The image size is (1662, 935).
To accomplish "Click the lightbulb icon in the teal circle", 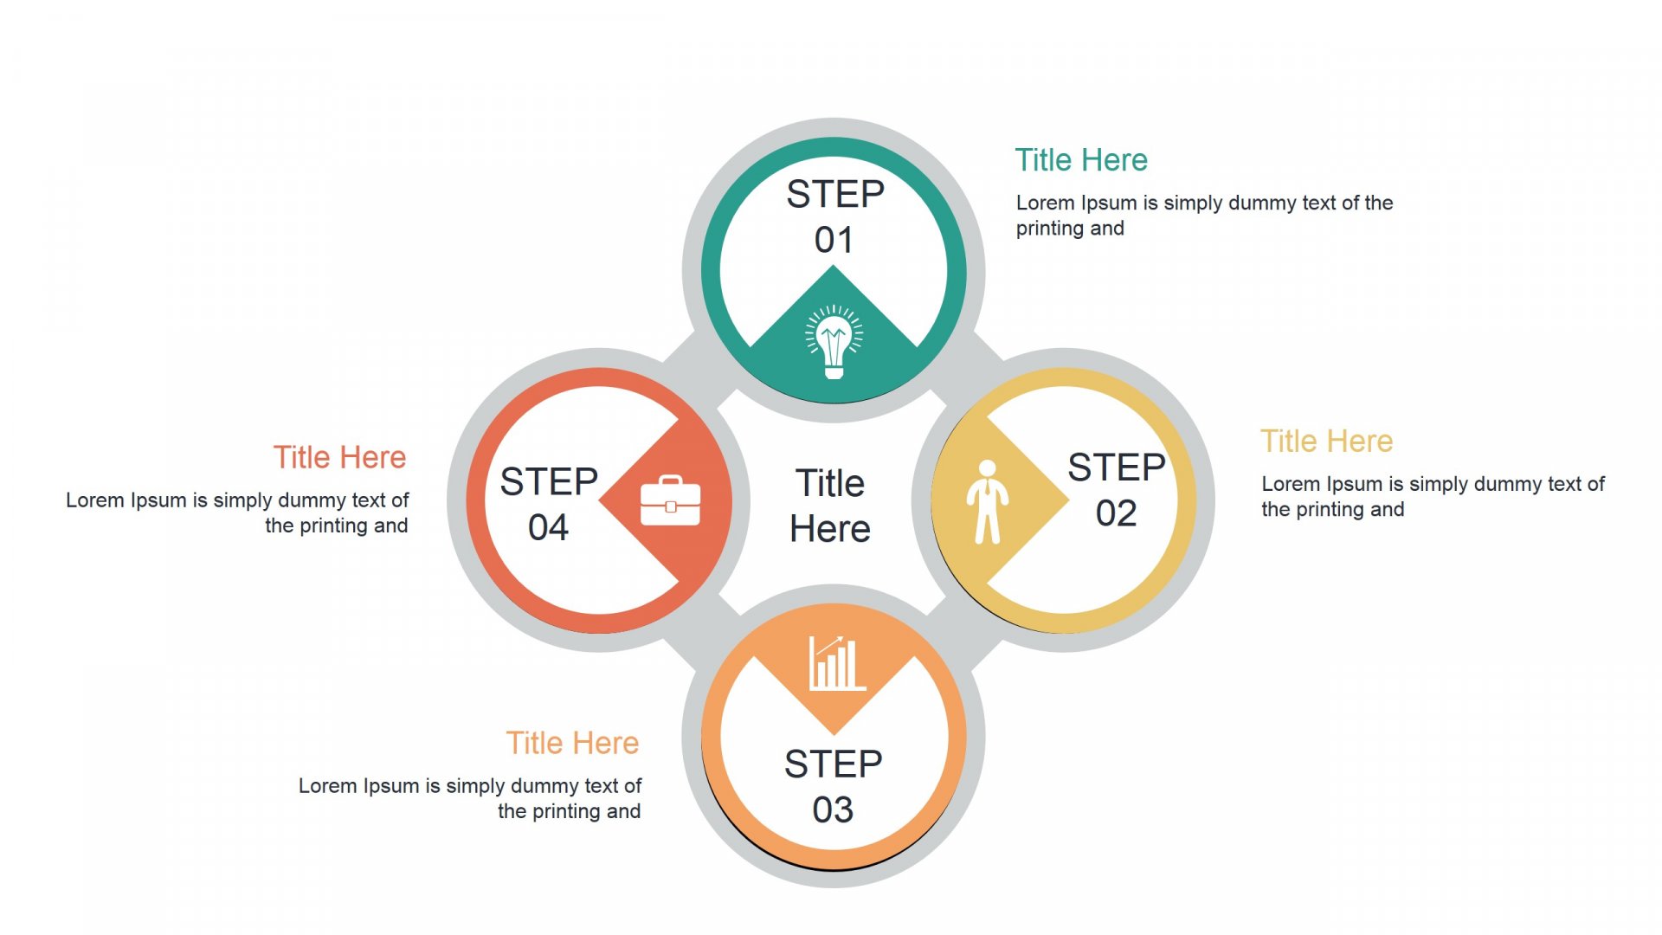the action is pos(834,341).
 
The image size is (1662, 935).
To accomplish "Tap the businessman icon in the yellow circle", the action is pos(987,502).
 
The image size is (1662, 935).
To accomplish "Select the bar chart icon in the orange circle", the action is pos(836,663).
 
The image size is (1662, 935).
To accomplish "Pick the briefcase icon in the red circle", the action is pos(670,500).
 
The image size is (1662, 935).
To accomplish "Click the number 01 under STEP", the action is pos(834,240).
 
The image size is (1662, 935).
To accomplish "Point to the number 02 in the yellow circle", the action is pos(1116,513).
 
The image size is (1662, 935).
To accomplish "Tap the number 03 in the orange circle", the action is pos(833,810).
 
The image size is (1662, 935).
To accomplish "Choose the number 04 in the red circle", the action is pos(548,527).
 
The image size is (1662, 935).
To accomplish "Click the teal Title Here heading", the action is pos(1081,160).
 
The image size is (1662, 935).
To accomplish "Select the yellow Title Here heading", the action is pos(1326,442).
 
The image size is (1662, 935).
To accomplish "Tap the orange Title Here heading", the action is pos(572,743).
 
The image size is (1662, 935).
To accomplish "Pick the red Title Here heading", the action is pos(339,457).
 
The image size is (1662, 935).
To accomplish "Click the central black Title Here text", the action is pos(830,506).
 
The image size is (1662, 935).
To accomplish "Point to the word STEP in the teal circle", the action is pos(835,194).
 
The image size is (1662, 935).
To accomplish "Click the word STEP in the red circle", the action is pos(549,481).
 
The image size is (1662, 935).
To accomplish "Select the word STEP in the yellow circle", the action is pos(1117,467).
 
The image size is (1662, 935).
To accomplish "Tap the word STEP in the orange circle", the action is pos(834,764).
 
